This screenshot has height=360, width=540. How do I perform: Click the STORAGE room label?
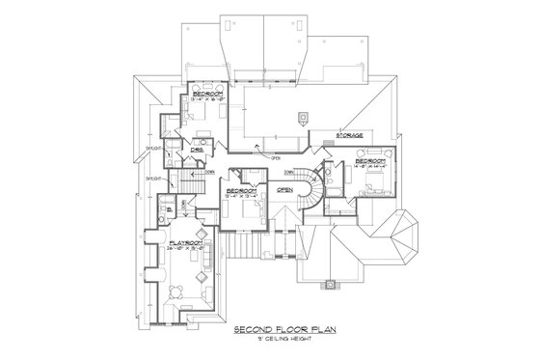350,135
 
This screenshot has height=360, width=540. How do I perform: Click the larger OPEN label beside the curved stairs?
284,190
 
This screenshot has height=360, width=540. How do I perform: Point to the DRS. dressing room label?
197,149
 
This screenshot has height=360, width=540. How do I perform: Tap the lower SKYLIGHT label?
152,180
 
